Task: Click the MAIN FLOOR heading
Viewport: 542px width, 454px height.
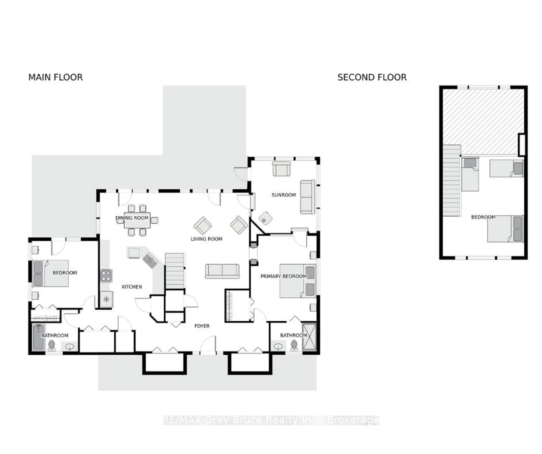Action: click(55, 77)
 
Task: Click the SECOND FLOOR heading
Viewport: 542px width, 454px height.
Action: click(372, 77)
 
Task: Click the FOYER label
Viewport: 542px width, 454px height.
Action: click(202, 326)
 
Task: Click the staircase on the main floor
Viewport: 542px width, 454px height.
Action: click(175, 271)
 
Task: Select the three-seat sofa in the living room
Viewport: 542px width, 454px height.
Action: click(222, 271)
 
